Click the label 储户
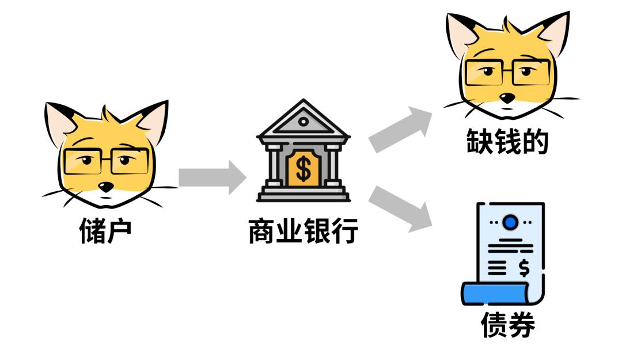pos(105,230)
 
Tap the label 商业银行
pos(304,230)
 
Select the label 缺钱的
pos(507,141)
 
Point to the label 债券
pos(508,324)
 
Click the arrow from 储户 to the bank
pos(212,177)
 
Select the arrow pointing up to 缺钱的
pos(401,129)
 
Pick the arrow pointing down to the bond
pos(401,209)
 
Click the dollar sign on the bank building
pos(304,168)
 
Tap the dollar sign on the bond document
pos(524,268)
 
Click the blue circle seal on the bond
pos(510,222)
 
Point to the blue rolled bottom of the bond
pos(495,293)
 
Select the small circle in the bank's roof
pos(304,122)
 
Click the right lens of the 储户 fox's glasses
pos(130,161)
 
